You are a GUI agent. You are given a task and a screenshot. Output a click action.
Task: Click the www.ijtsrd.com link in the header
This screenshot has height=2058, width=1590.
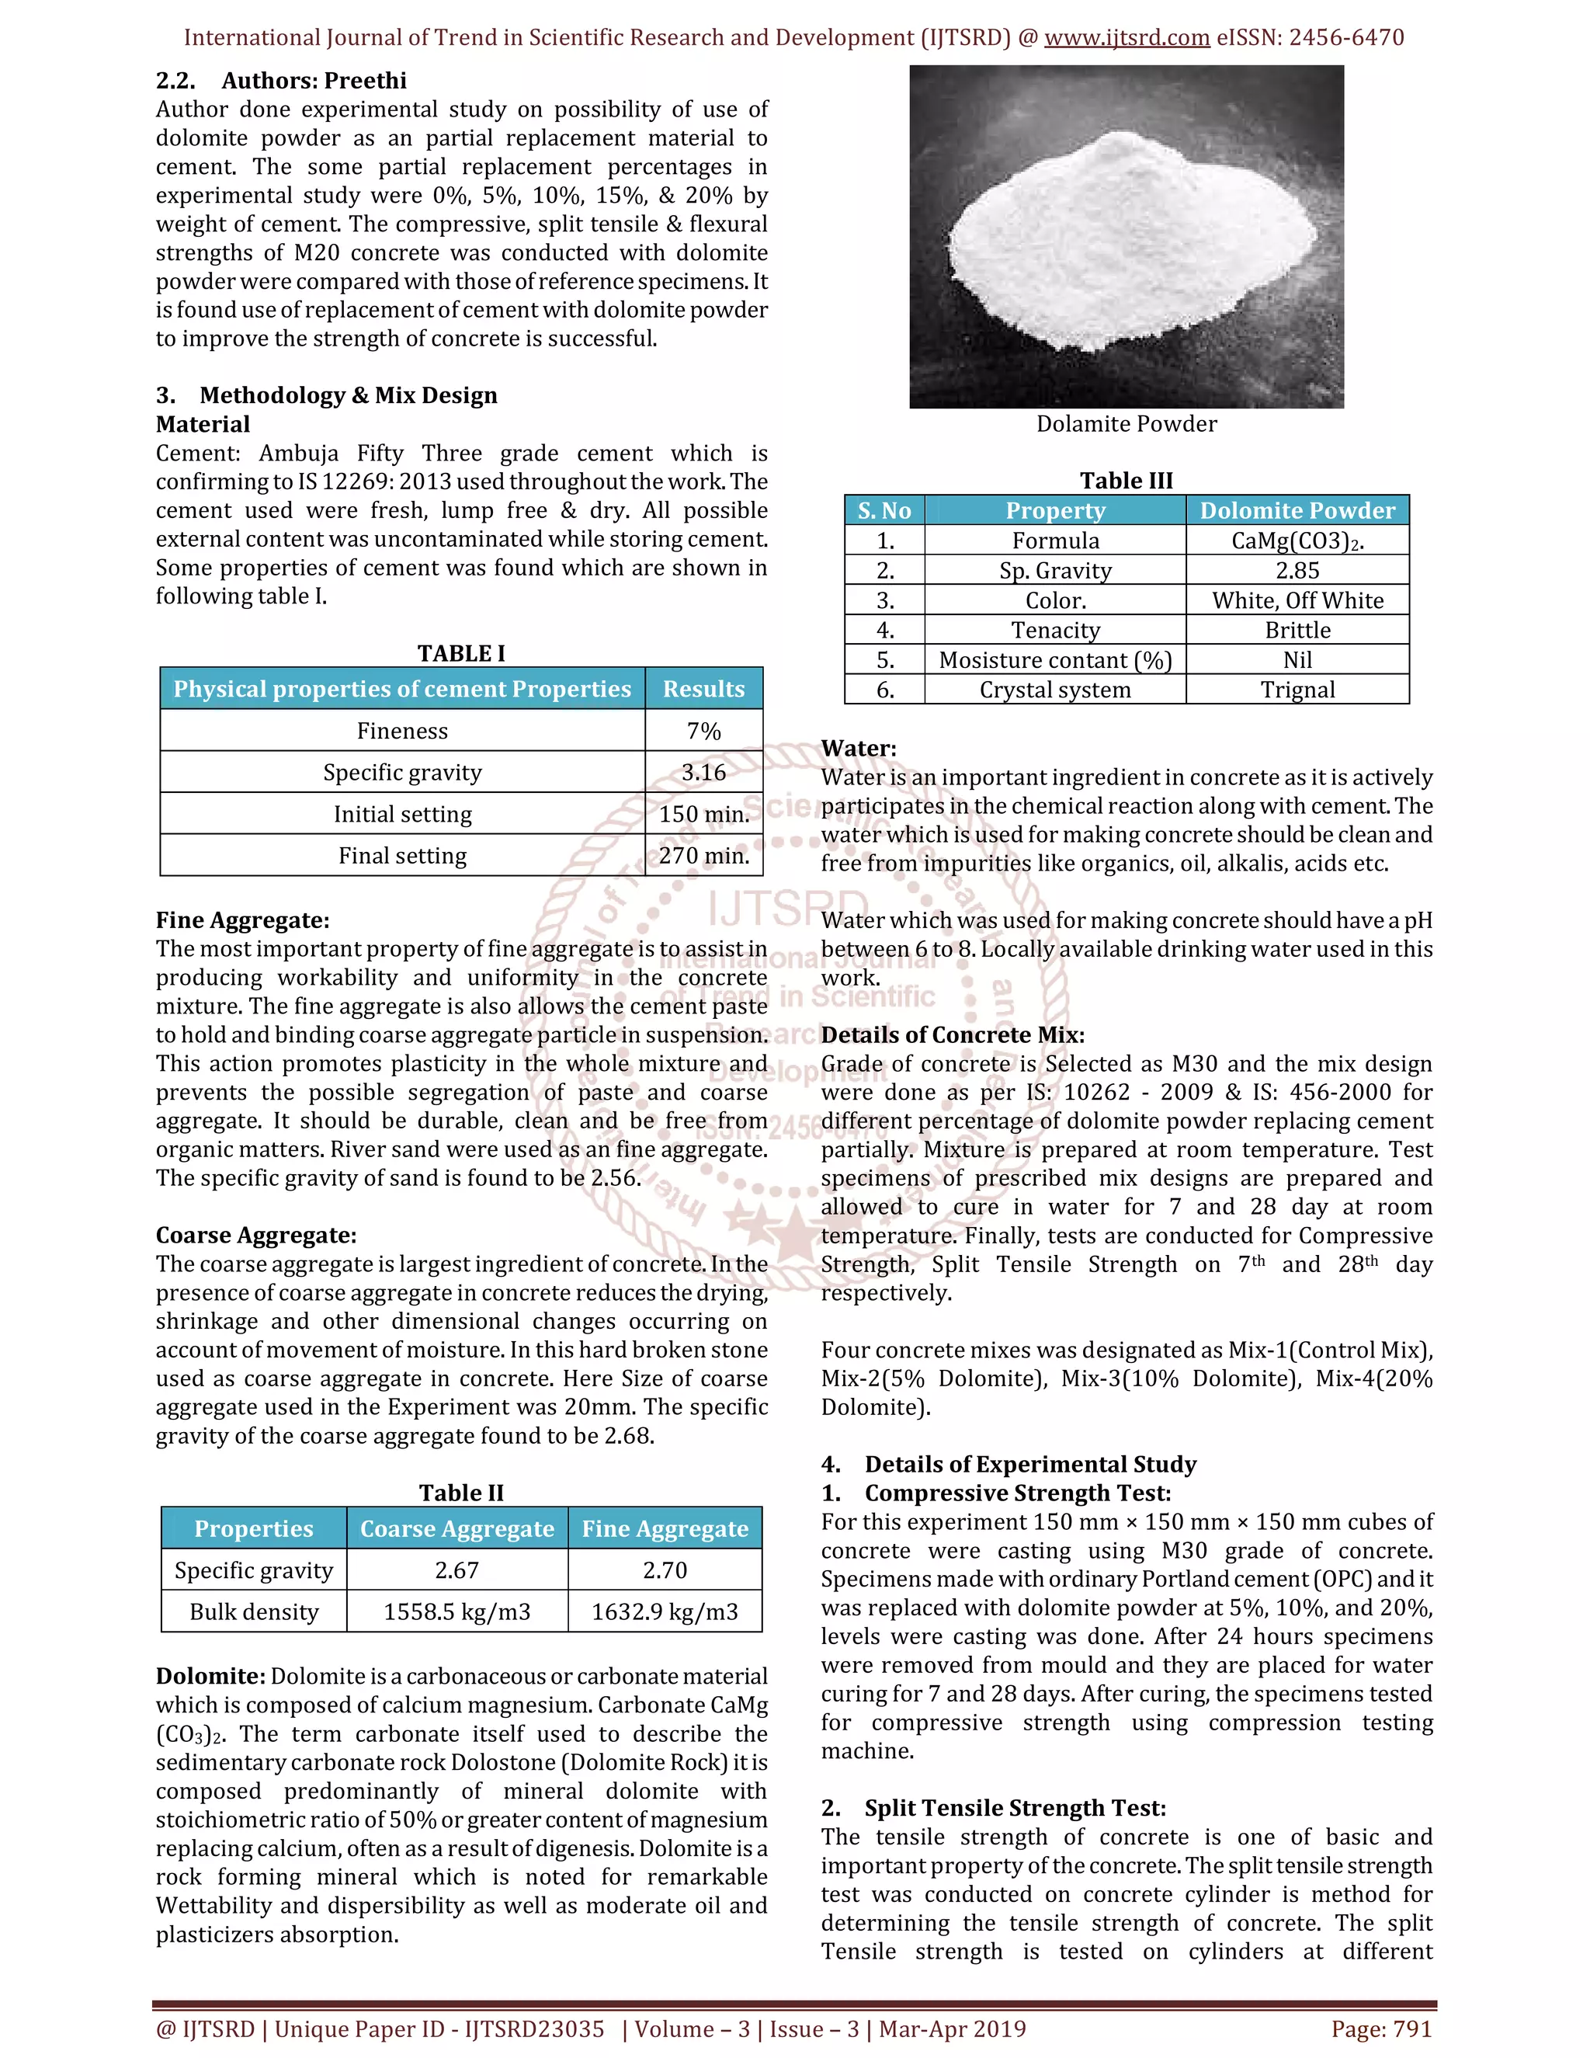tap(1127, 38)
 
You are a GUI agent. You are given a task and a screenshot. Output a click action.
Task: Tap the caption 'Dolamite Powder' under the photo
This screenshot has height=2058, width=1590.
tap(1126, 424)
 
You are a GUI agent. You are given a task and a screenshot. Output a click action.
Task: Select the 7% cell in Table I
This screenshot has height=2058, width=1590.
tap(703, 732)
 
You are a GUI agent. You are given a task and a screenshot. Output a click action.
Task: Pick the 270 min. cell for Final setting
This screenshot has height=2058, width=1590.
tap(703, 856)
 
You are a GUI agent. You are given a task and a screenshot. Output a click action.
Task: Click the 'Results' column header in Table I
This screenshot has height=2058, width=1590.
tap(703, 689)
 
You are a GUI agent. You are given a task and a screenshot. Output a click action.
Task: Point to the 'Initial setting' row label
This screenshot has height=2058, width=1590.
tap(402, 814)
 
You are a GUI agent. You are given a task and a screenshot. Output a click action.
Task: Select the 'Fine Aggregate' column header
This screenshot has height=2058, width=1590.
tap(665, 1529)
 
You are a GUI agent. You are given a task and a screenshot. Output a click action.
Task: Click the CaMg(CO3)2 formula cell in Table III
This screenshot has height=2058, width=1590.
tap(1297, 541)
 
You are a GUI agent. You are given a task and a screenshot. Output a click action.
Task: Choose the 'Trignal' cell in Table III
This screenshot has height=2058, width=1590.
tap(1297, 690)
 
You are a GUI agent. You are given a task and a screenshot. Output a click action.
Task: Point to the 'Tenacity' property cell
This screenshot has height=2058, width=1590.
tap(1055, 631)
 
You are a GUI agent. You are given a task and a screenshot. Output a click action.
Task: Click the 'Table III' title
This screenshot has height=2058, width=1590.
tap(1126, 481)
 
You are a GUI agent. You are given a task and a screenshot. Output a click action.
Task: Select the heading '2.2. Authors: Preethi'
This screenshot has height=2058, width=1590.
tap(281, 81)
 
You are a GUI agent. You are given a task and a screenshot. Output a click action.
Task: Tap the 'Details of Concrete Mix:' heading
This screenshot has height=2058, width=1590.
tap(953, 1034)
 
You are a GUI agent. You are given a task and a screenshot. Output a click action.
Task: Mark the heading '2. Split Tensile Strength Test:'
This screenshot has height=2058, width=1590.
tap(993, 1808)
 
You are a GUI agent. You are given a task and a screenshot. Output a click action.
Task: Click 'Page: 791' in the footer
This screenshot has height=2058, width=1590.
tap(1381, 2028)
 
